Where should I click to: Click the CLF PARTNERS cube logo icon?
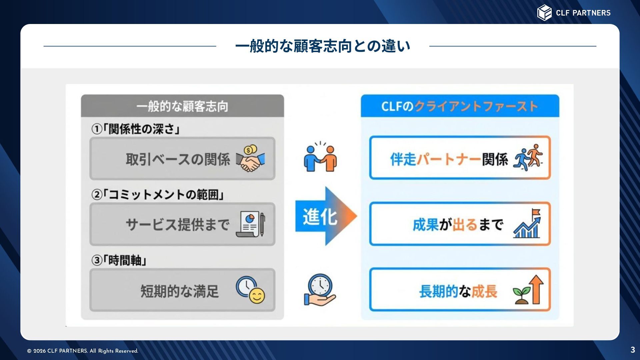544,13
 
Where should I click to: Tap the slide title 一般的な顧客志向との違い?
323,46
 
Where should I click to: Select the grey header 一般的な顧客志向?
182,106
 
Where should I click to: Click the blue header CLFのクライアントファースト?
460,106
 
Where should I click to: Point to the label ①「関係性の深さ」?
136,129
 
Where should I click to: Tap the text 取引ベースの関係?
178,159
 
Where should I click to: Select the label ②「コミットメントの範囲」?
157,195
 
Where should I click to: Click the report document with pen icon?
250,224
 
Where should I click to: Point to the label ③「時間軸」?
119,260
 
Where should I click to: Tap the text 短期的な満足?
179,291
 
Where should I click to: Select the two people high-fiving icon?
320,157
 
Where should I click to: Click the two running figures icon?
528,158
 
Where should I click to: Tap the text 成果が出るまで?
458,225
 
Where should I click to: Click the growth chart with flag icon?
527,224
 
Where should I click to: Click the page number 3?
633,350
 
